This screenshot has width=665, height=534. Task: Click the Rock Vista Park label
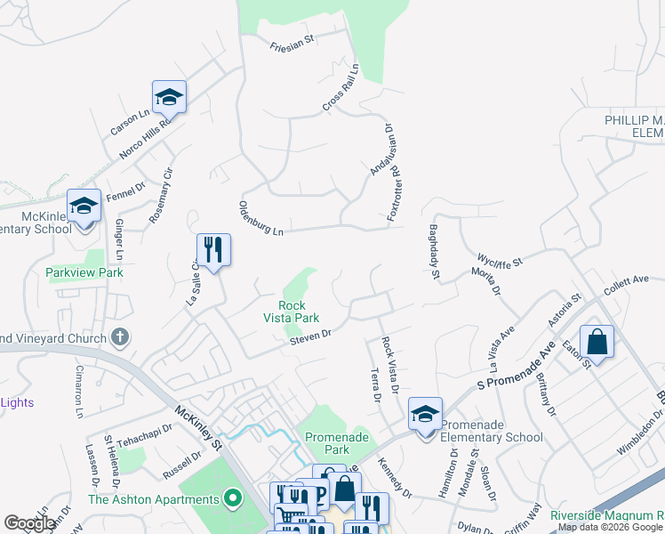click(291, 310)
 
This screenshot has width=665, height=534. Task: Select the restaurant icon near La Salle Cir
click(213, 249)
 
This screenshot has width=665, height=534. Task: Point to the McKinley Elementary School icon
click(84, 206)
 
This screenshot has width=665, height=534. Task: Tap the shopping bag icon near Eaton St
click(597, 342)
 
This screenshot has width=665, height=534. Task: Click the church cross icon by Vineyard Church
click(121, 337)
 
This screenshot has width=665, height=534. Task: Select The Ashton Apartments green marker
click(234, 499)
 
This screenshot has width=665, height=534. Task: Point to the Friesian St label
click(292, 41)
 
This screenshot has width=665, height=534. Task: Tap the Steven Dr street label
click(309, 336)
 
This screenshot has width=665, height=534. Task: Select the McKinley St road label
click(197, 425)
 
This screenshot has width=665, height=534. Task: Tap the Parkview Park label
click(84, 272)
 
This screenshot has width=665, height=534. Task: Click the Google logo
click(29, 523)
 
